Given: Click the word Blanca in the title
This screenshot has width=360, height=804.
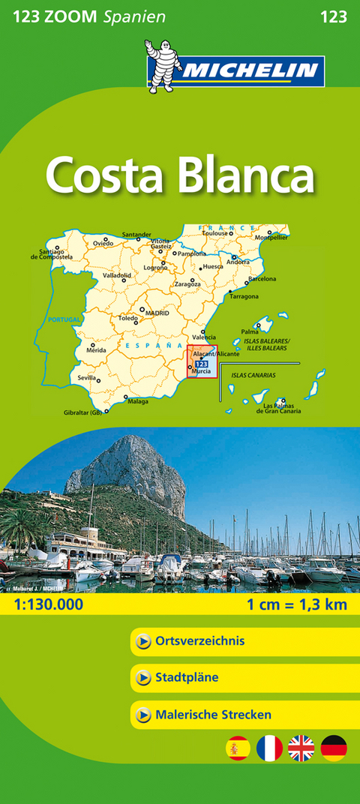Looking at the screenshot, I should [x=247, y=176].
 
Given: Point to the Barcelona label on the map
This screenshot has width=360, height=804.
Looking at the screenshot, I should [x=262, y=279].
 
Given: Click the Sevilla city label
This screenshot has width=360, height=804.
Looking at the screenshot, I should [x=86, y=378].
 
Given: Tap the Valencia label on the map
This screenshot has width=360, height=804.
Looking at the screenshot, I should [x=204, y=337].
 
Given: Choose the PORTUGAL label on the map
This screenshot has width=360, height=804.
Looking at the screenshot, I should [x=64, y=319].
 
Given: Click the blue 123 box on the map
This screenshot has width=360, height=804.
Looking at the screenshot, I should [x=201, y=364].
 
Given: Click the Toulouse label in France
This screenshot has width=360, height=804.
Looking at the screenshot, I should [x=214, y=233].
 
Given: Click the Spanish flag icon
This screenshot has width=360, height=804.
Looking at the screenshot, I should [x=238, y=748].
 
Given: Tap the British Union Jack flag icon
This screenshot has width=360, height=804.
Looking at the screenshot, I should [x=301, y=748].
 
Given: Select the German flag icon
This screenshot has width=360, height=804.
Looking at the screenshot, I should [x=334, y=748].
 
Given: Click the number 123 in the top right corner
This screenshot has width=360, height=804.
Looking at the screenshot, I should [x=332, y=16].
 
